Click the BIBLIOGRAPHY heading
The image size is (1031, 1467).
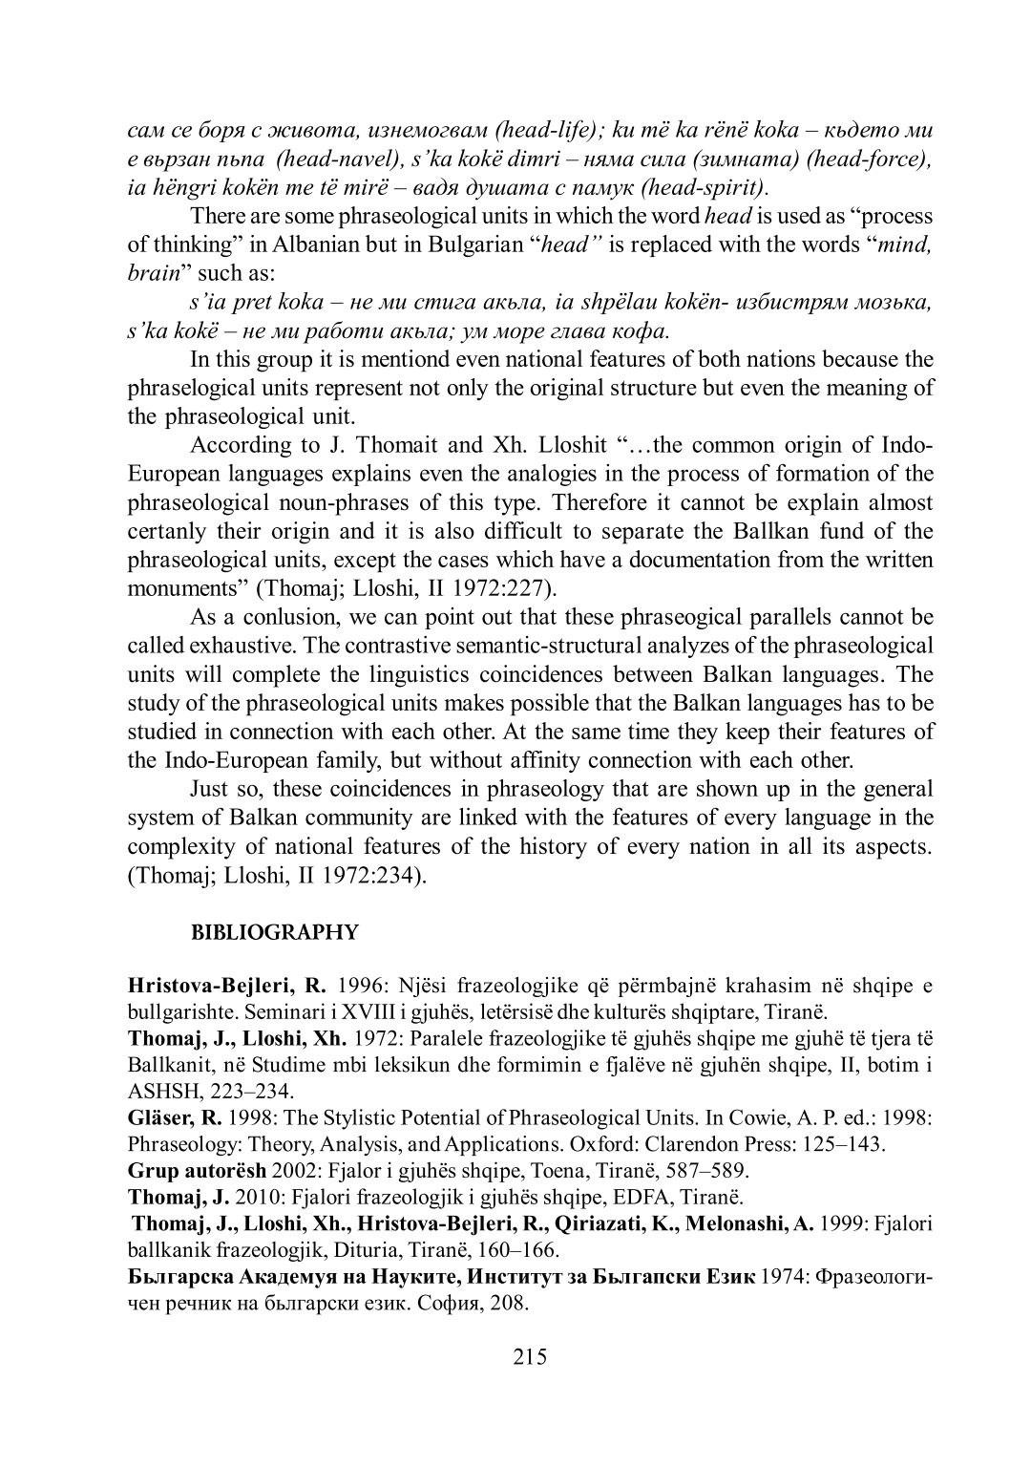(275, 933)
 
